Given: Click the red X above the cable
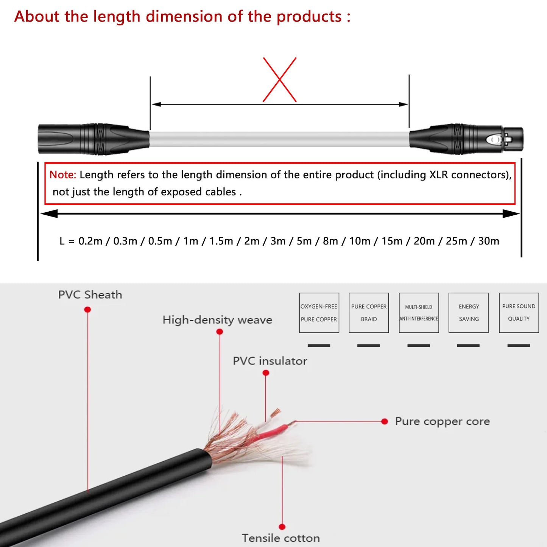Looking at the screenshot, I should [280, 79].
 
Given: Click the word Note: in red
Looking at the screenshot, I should [63, 175].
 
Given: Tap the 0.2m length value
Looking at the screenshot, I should [90, 241].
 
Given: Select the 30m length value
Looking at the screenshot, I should [488, 241].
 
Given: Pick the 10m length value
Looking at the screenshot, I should [359, 241].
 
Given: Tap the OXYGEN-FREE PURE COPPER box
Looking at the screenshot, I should [319, 313].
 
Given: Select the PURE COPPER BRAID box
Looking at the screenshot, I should [369, 313].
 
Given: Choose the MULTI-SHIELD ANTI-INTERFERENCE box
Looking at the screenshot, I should [419, 313].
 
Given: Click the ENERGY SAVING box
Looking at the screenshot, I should [469, 313].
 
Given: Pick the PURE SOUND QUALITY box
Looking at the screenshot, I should [519, 313].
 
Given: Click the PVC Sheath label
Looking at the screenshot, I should [90, 295].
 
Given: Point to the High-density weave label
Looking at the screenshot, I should [217, 320].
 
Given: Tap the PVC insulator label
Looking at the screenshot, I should [270, 361].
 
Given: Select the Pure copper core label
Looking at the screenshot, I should [442, 421].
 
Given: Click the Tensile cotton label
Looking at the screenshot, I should [281, 538].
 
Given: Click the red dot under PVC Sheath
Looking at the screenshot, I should [87, 310].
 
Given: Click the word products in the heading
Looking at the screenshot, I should [309, 17].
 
